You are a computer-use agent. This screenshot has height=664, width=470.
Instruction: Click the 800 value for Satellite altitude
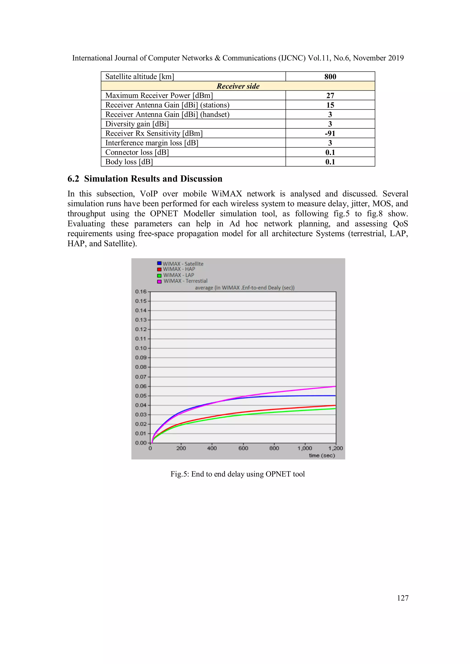tap(330, 77)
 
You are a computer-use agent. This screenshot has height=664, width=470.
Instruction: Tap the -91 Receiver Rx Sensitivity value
tap(330, 133)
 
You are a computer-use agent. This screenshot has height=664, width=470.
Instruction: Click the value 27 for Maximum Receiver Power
tap(330, 95)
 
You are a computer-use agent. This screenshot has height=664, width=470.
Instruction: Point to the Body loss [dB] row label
tap(129, 162)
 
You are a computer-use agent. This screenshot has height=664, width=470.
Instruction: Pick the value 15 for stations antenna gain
tap(330, 105)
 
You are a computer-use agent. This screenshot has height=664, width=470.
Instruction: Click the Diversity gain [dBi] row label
tap(137, 124)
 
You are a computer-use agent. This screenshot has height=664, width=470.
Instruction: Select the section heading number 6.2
tap(73, 179)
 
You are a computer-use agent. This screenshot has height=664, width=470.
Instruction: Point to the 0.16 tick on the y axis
tap(141, 292)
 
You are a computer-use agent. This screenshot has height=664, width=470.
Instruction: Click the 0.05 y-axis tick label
tap(141, 396)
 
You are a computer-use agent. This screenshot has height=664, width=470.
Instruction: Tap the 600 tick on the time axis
tap(243, 448)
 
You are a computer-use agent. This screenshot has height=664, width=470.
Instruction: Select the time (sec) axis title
tap(322, 456)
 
